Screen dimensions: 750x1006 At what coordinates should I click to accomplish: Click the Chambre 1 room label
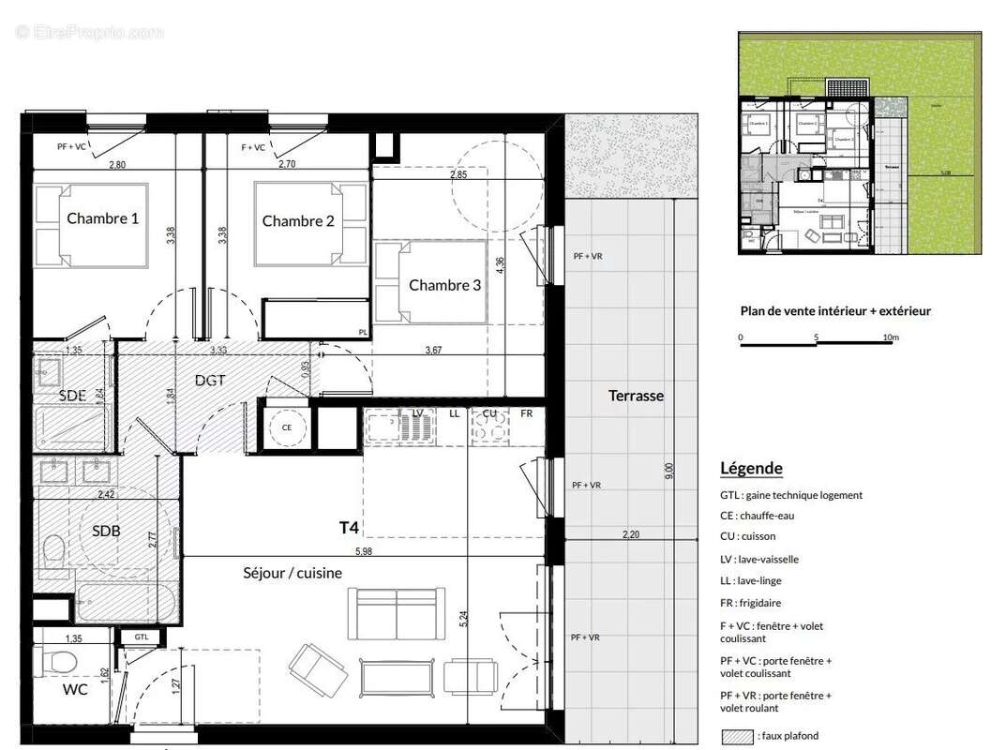(x=103, y=218)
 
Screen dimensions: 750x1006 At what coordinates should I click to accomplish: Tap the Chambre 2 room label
(x=298, y=221)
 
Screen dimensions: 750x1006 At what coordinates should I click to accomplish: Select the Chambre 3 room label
(x=445, y=285)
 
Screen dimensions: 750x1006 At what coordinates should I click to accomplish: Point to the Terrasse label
(x=636, y=396)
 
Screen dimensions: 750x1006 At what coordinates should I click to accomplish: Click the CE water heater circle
(x=287, y=427)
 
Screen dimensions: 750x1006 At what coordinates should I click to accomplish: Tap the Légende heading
(x=751, y=469)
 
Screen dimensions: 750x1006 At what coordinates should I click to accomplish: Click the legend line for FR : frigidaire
(x=751, y=604)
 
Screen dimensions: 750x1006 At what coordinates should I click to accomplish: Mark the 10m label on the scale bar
(x=891, y=337)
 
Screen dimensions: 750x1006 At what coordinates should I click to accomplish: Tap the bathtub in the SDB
(x=125, y=599)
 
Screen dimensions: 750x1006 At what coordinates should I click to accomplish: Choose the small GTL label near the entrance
(x=141, y=637)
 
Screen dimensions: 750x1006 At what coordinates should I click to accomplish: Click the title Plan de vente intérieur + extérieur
(x=835, y=311)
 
